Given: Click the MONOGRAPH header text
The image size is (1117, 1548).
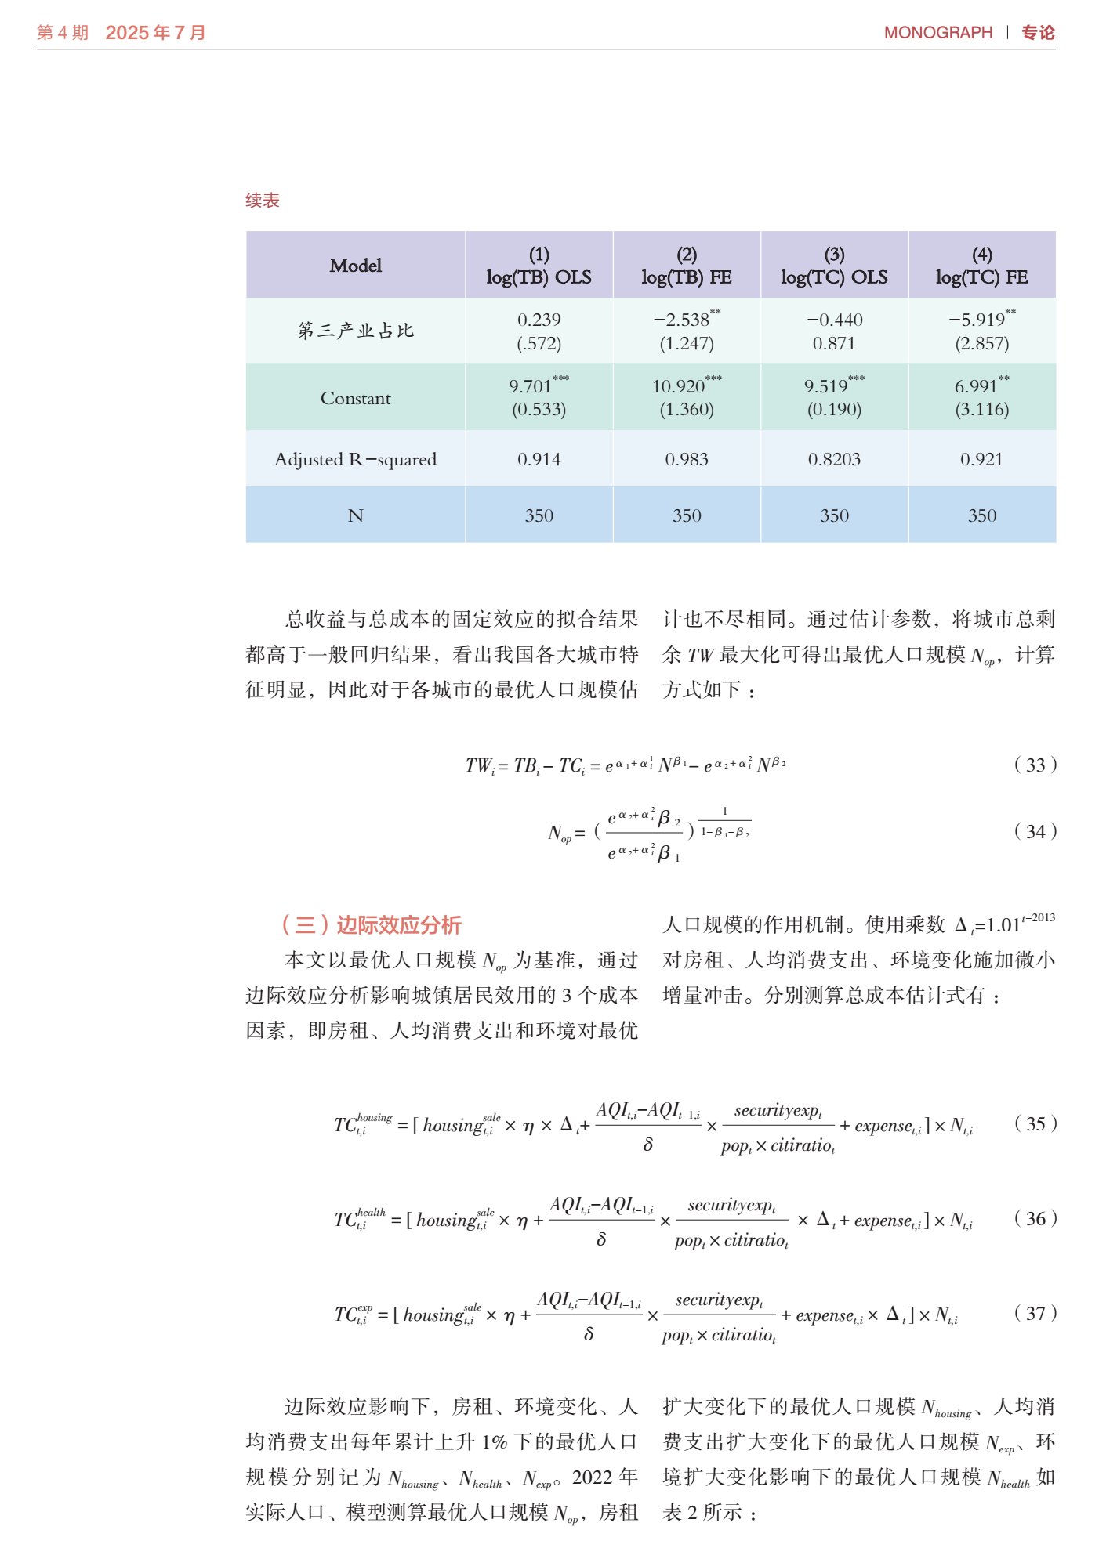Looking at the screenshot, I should (x=937, y=33).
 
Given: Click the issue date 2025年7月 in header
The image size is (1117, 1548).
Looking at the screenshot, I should (x=155, y=33).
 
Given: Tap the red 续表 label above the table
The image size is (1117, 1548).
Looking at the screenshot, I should (x=262, y=201).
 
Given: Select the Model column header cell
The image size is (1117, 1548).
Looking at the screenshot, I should (x=355, y=266).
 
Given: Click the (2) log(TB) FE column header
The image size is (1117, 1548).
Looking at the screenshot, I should (x=686, y=266).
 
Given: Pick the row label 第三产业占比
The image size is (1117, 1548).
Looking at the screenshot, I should (x=355, y=331).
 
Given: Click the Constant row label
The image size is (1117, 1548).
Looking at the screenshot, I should (x=355, y=398).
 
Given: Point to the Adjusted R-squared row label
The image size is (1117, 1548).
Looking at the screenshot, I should (x=355, y=459).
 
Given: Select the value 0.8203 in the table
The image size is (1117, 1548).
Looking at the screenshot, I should (x=834, y=459).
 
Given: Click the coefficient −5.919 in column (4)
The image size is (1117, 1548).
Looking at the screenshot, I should (x=977, y=320).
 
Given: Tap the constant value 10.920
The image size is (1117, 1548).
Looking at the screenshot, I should (x=679, y=386).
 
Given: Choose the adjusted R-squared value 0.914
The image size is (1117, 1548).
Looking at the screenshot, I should (x=539, y=459).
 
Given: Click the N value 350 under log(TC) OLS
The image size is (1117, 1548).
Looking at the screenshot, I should (x=834, y=515).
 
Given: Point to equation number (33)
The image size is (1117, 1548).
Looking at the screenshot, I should (x=1035, y=765).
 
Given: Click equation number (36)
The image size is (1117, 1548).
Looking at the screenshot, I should (x=1035, y=1218).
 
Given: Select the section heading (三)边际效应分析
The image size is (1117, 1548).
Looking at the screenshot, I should (x=371, y=925).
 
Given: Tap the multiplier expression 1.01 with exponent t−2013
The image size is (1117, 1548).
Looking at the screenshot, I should (x=1020, y=924).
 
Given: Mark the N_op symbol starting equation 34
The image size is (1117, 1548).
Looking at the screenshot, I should (x=560, y=833).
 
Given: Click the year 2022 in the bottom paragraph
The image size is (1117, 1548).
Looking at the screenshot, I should (x=592, y=1477).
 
